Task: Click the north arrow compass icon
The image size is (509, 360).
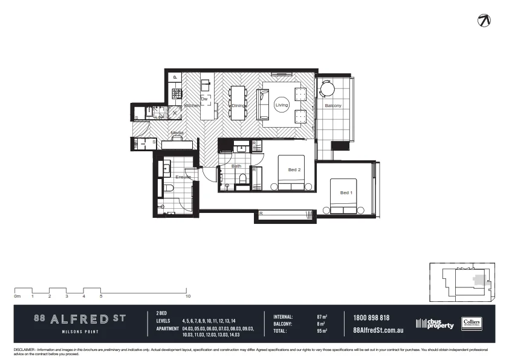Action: point(484,20)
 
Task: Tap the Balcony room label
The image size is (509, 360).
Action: point(333,106)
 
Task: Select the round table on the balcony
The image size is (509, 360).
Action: point(326,90)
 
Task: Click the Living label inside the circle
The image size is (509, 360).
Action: point(282,106)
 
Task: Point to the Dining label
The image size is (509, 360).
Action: point(238,106)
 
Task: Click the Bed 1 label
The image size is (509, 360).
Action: point(345,193)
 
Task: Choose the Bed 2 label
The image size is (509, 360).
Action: point(294,170)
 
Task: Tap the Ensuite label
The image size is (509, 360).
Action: point(183,177)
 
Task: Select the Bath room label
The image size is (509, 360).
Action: point(236,166)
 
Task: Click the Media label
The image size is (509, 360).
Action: point(177,133)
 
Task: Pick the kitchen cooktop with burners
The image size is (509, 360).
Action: point(177,93)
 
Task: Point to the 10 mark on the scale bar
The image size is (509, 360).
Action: point(189,296)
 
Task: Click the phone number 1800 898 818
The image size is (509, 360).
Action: point(371,318)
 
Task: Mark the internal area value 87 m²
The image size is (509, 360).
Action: point(322,316)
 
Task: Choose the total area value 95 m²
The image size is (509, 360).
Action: point(322,331)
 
